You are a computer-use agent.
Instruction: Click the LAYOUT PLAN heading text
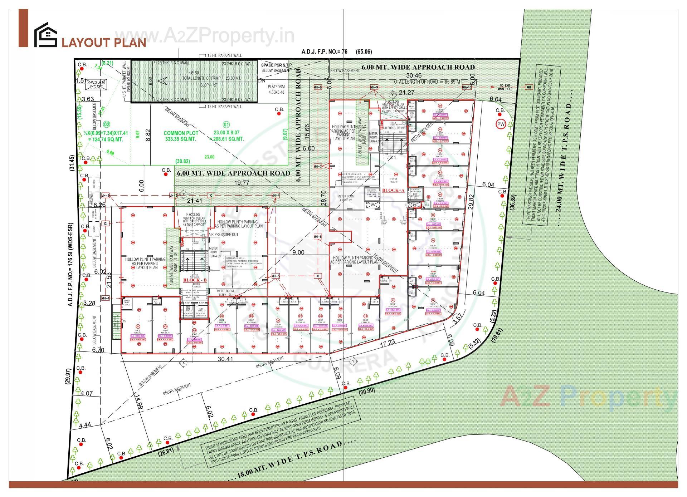click(104, 43)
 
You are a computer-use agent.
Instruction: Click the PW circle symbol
click(500, 124)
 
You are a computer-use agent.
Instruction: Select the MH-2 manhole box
click(105, 195)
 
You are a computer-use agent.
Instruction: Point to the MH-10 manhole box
click(466, 87)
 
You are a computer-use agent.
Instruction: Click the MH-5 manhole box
click(276, 276)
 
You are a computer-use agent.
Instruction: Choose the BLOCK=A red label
click(393, 191)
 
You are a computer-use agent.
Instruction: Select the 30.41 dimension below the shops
click(225, 359)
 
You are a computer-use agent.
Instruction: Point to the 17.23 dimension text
click(387, 342)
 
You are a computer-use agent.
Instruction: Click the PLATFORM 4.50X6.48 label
click(277, 89)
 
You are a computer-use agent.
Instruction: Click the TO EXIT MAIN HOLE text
click(506, 87)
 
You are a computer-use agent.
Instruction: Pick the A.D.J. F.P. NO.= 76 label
click(324, 51)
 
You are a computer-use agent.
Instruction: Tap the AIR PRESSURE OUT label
click(223, 235)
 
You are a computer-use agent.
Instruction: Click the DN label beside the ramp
click(262, 81)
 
